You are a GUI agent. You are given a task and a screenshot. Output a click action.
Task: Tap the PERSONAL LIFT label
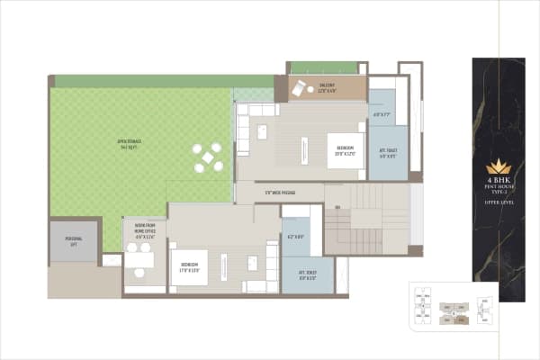[73, 239]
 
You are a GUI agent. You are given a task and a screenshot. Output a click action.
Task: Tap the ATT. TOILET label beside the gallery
[389, 153]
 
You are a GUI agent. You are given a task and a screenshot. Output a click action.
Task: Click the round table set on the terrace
[208, 157]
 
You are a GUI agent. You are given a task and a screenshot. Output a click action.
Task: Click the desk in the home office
[139, 261]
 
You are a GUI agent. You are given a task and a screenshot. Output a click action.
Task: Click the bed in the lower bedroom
[190, 266]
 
